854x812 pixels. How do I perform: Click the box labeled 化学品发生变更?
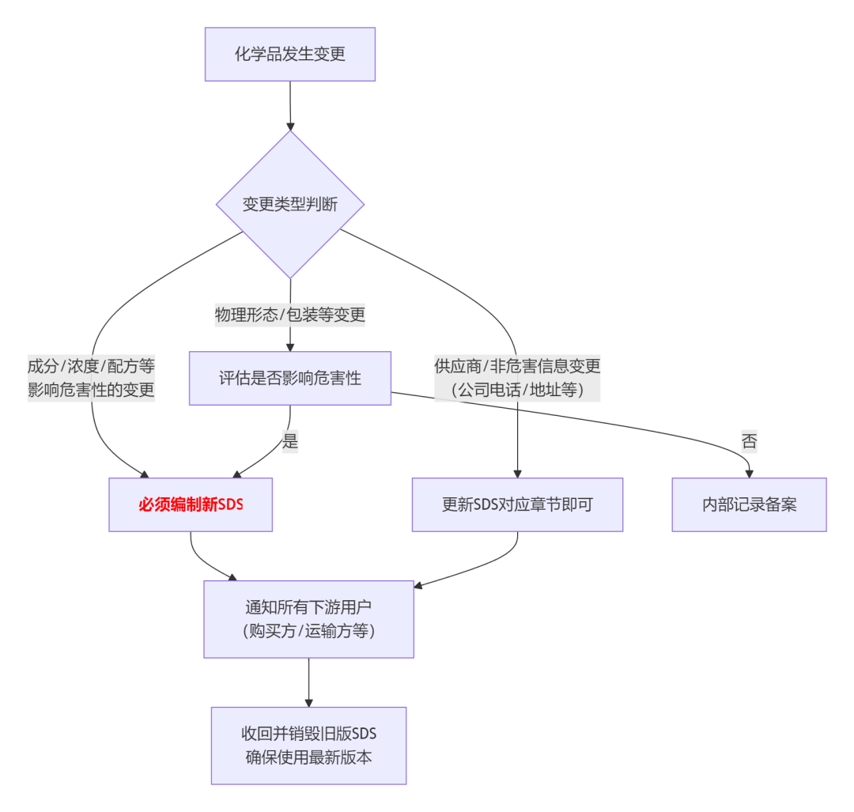pyautogui.click(x=290, y=55)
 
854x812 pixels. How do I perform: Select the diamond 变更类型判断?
pyautogui.click(x=290, y=205)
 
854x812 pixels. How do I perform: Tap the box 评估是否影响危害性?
pyautogui.click(x=290, y=378)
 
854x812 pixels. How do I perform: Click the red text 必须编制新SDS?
pyautogui.click(x=191, y=504)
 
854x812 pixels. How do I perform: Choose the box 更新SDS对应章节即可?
pyautogui.click(x=517, y=504)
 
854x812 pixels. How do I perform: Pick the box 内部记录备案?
pyautogui.click(x=749, y=504)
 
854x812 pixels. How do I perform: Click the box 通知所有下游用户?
pyautogui.click(x=308, y=608)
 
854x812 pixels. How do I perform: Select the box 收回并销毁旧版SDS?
pyautogui.click(x=308, y=734)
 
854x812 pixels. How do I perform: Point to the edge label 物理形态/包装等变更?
pyautogui.click(x=290, y=315)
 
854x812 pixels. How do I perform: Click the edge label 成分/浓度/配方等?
pyautogui.click(x=91, y=366)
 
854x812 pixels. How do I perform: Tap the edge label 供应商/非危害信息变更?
pyautogui.click(x=517, y=366)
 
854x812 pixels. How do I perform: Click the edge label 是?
pyautogui.click(x=290, y=441)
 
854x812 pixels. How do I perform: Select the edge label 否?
pyautogui.click(x=749, y=441)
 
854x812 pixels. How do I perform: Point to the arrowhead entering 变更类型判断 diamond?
pyautogui.click(x=290, y=126)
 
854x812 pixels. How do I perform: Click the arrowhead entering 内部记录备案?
pyautogui.click(x=749, y=474)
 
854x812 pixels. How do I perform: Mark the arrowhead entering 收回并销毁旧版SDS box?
pyautogui.click(x=308, y=703)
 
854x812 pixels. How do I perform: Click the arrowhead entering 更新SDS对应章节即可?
pyautogui.click(x=517, y=474)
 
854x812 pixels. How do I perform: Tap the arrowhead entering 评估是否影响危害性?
pyautogui.click(x=290, y=347)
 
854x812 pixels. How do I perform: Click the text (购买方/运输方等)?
pyautogui.click(x=308, y=631)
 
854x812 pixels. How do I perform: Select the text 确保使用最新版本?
pyautogui.click(x=308, y=757)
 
